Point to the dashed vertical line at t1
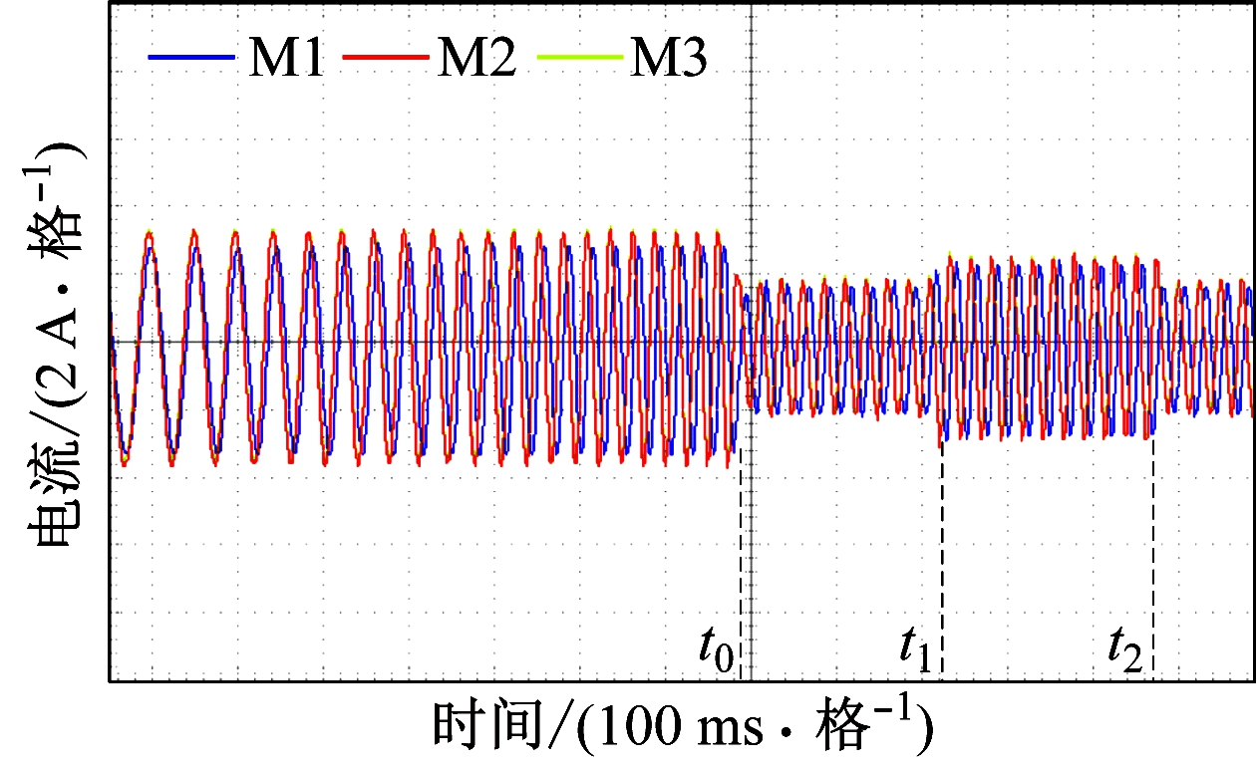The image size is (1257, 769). [x=942, y=558]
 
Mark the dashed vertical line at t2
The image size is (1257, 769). [x=1153, y=558]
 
